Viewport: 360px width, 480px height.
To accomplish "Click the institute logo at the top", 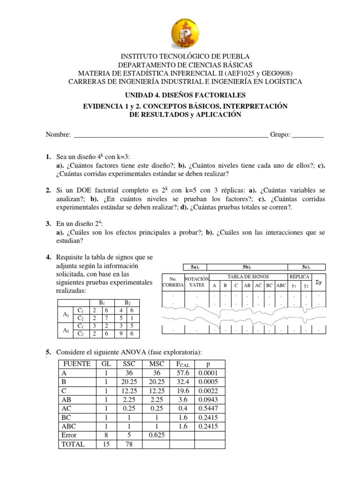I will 180,29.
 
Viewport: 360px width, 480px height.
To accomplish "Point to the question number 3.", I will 48,224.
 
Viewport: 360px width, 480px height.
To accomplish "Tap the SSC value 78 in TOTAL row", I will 129,444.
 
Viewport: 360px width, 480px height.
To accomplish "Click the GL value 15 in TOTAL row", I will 106,444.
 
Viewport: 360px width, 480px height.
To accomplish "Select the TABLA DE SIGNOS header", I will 248,277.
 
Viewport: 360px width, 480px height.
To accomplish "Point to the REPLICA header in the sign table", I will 299,277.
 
